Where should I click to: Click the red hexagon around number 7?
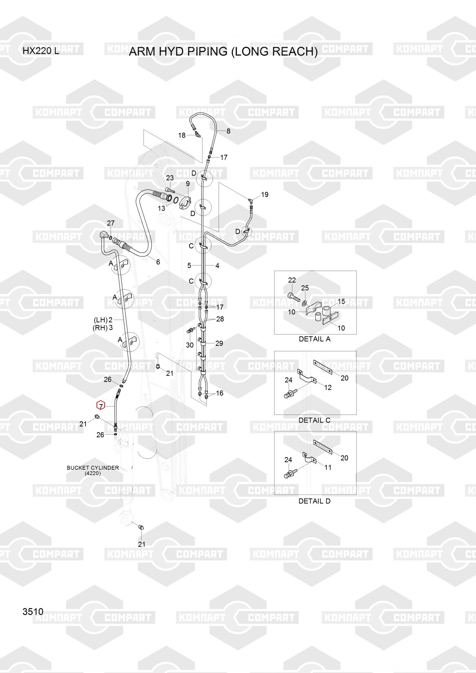101,406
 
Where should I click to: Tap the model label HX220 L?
41,51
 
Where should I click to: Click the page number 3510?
33,611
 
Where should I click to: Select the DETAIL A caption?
315,339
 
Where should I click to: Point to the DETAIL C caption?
315,420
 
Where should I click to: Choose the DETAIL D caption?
315,501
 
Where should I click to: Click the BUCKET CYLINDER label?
93,468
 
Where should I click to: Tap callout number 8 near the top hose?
228,131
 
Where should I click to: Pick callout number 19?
265,194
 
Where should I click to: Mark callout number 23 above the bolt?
170,178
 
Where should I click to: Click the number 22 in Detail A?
292,280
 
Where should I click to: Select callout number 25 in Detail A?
305,288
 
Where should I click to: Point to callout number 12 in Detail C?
328,387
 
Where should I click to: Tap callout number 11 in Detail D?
328,467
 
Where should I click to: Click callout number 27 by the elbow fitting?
110,223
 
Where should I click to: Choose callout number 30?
190,345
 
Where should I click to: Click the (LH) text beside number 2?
101,320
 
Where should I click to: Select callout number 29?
219,344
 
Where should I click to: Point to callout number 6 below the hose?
158,262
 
